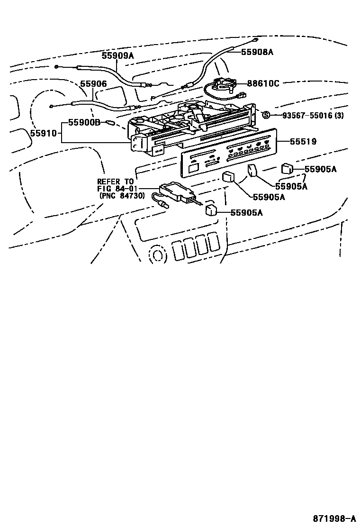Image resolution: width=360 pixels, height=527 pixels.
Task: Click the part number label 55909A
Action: pyautogui.click(x=117, y=55)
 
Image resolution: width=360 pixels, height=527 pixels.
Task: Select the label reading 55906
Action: pyautogui.click(x=93, y=84)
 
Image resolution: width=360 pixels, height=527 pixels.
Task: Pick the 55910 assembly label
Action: pyautogui.click(x=43, y=134)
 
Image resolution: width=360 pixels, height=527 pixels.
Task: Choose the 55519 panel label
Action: pyautogui.click(x=304, y=142)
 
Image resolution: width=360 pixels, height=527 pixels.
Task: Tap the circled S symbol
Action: pyautogui.click(x=266, y=115)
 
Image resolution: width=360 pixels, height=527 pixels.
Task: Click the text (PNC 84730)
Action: pyautogui.click(x=115, y=196)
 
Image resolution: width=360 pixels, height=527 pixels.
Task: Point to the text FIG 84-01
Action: pyautogui.click(x=115, y=189)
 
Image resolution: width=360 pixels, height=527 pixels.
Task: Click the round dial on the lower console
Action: pyautogui.click(x=157, y=254)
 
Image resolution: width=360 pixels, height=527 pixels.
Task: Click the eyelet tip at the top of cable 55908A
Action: pyautogui.click(x=255, y=40)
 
